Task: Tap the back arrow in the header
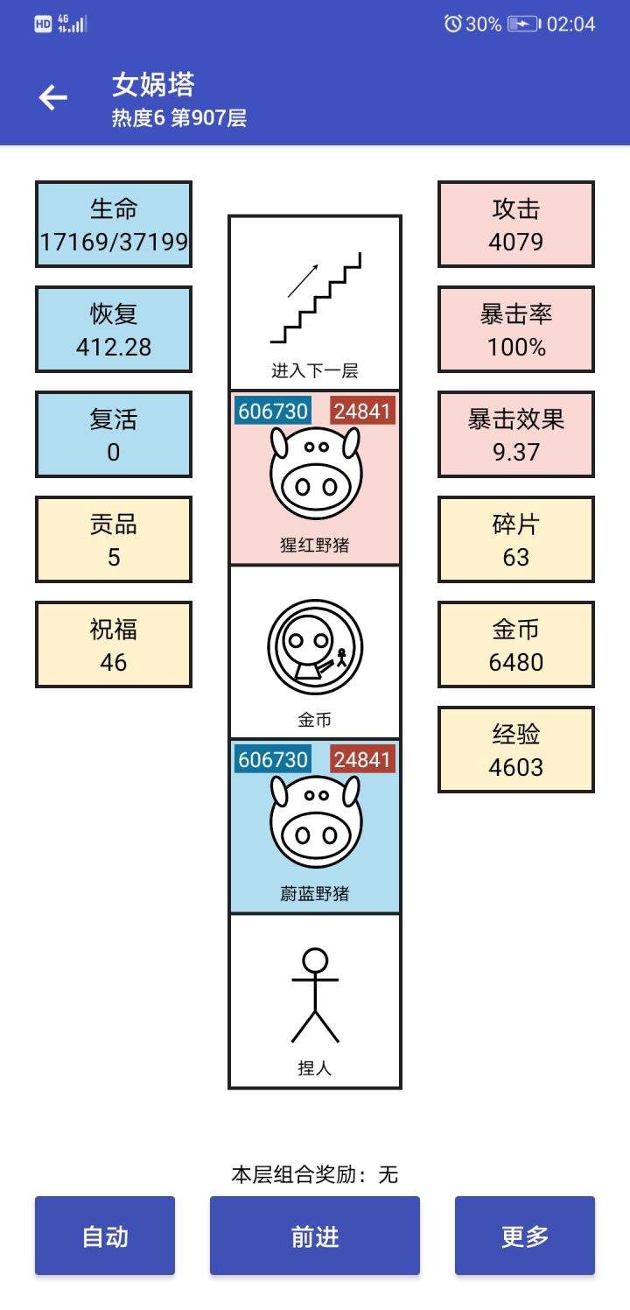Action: click(53, 97)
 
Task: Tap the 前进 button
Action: click(315, 1236)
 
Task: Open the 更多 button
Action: click(525, 1236)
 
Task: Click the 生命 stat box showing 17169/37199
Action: click(114, 224)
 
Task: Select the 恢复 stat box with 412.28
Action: click(114, 329)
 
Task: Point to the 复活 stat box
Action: click(114, 434)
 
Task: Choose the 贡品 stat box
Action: click(114, 539)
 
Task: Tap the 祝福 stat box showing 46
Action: click(114, 644)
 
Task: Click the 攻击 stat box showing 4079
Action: click(516, 224)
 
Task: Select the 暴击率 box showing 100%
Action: click(516, 329)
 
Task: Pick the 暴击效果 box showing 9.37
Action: click(516, 434)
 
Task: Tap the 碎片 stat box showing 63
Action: click(516, 539)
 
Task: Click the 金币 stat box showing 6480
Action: click(516, 644)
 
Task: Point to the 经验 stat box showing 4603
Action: click(516, 750)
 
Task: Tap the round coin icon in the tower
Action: click(315, 646)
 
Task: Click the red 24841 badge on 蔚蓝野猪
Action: click(362, 759)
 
